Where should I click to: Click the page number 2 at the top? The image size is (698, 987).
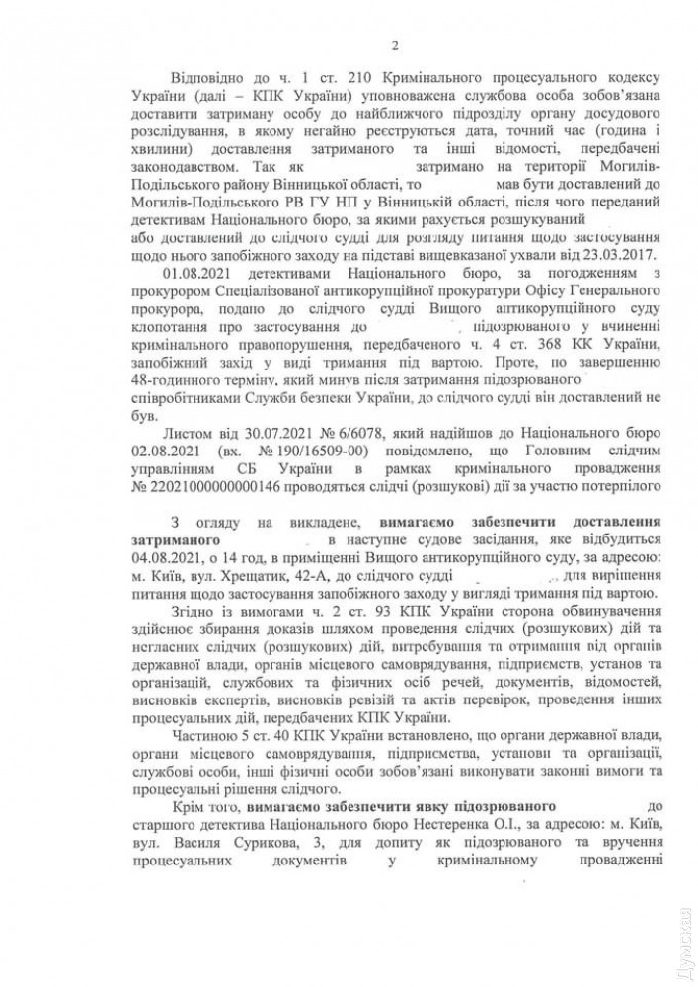pyautogui.click(x=394, y=43)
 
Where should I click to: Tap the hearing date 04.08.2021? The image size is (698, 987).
pyautogui.click(x=160, y=557)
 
